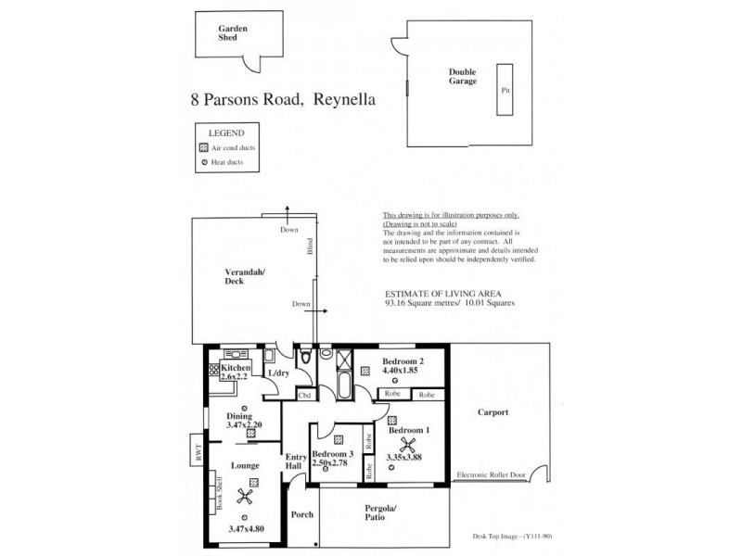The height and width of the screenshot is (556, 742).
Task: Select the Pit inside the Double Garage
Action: pos(505,91)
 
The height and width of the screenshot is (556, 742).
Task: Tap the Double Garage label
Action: pos(463,76)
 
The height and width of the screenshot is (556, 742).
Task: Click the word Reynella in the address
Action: pos(344,97)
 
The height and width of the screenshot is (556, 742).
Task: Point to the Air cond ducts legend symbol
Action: pos(203,147)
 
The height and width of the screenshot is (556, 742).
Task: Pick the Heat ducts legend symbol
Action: pos(203,163)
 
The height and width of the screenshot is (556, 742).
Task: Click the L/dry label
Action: pos(277,373)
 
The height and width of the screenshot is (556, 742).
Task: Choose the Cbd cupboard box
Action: pos(303,395)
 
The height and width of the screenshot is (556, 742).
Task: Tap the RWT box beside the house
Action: pos(198,452)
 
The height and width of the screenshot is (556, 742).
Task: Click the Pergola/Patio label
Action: pos(380,513)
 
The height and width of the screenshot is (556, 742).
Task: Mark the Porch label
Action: pos(301,515)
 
